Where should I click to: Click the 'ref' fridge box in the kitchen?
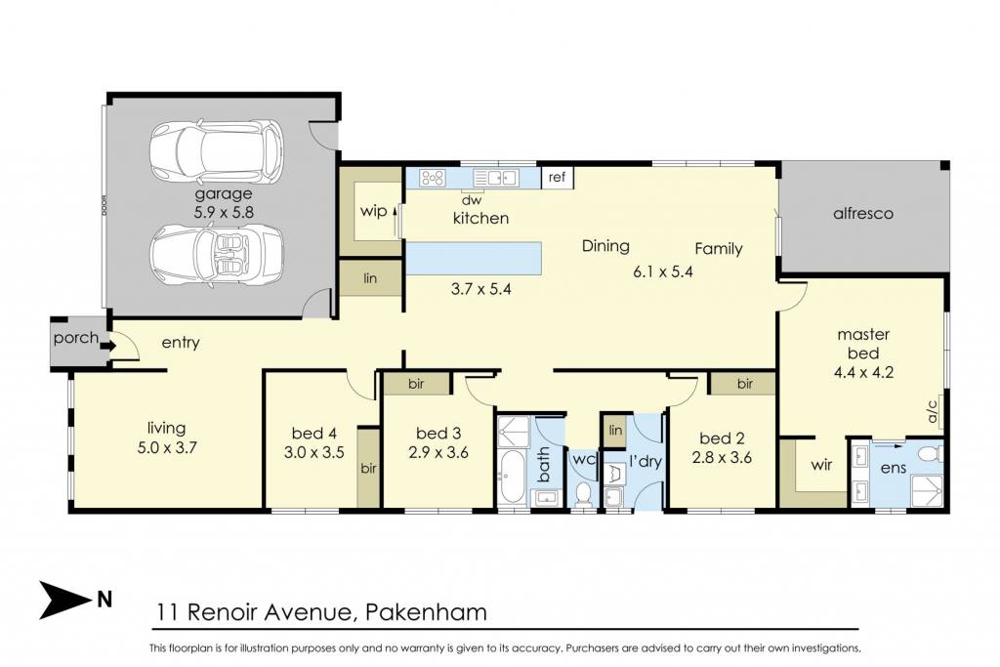(x=557, y=178)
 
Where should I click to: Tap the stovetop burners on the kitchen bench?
(x=433, y=178)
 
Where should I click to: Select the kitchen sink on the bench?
(x=496, y=178)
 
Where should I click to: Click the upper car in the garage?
(x=216, y=150)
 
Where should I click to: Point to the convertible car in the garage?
(x=216, y=255)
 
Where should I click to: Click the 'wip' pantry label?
(x=373, y=210)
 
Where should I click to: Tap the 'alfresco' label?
(x=863, y=214)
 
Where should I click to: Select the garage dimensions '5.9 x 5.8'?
(x=224, y=212)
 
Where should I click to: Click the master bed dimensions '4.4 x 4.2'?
(x=863, y=372)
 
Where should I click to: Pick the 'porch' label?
(x=76, y=338)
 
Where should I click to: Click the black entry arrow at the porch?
(x=107, y=346)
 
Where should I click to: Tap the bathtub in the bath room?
(x=514, y=476)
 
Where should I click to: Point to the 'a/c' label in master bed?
(x=933, y=411)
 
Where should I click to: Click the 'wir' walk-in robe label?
(x=821, y=464)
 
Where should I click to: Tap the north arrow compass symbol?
(x=66, y=600)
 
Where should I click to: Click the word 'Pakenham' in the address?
(x=426, y=612)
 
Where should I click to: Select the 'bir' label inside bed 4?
(x=368, y=469)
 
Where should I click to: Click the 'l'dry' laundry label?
(x=645, y=460)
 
